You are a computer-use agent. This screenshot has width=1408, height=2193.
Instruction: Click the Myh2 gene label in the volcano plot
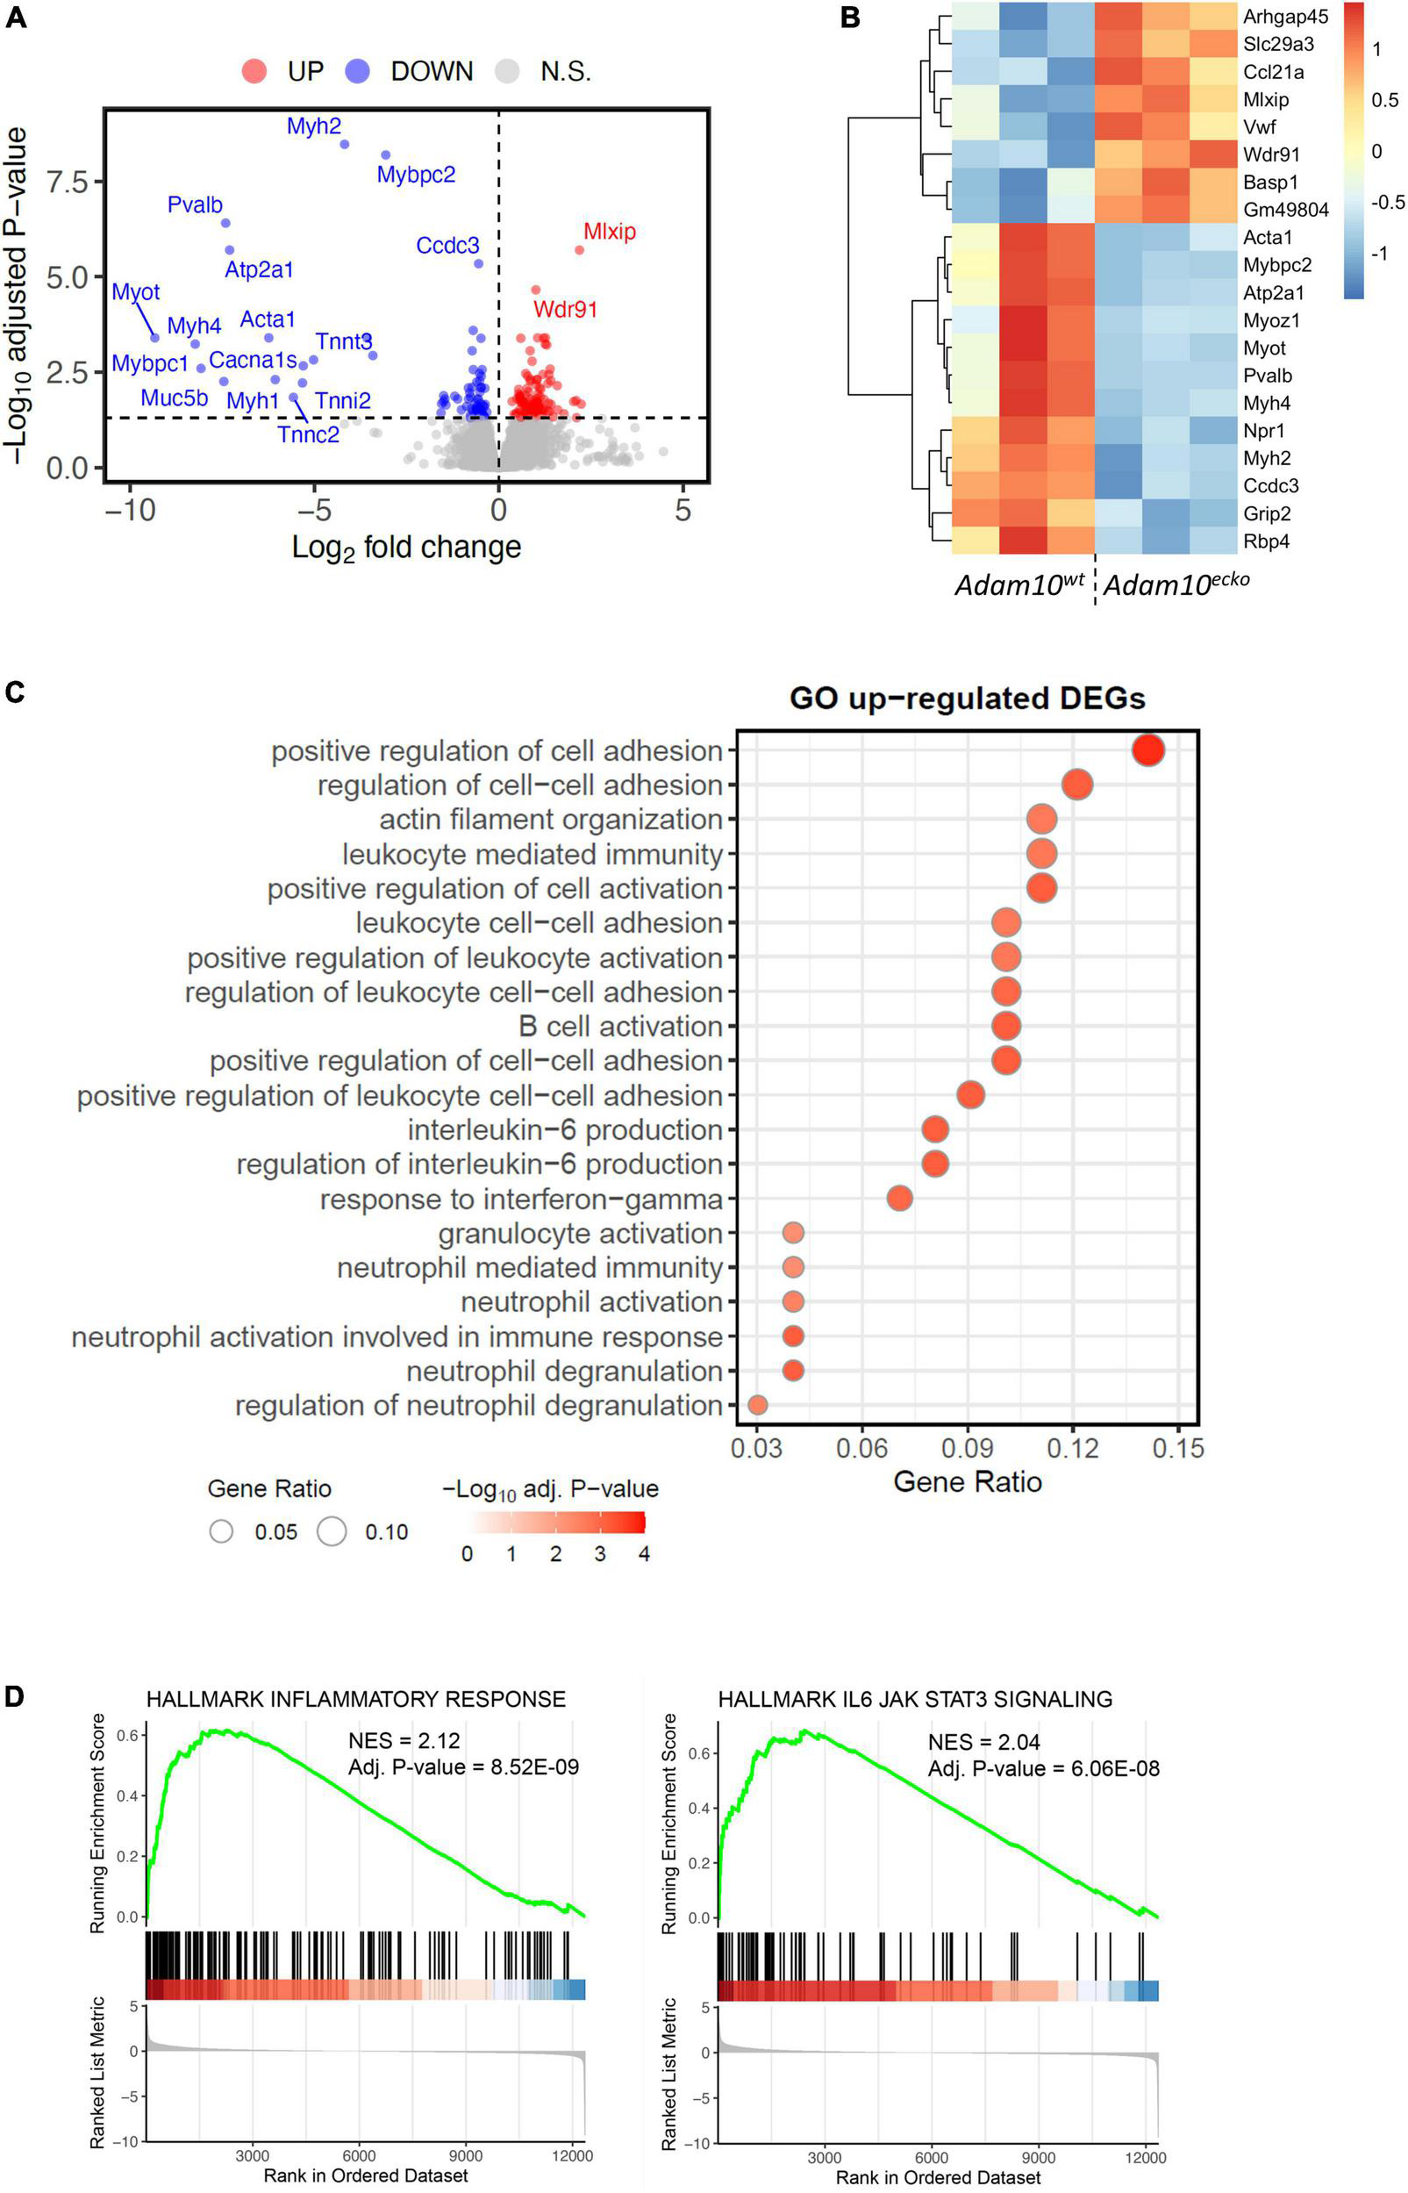(x=313, y=126)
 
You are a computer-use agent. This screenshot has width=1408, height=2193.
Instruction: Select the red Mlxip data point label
(x=609, y=232)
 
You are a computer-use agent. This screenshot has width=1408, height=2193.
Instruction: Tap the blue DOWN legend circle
(x=358, y=71)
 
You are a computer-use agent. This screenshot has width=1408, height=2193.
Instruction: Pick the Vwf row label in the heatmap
(x=1259, y=127)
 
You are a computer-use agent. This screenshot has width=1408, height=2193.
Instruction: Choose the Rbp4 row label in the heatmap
(x=1265, y=541)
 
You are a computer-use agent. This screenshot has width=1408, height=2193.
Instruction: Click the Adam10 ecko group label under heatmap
(x=1176, y=584)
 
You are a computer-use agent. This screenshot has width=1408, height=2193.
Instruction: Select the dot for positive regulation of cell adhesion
(x=1147, y=750)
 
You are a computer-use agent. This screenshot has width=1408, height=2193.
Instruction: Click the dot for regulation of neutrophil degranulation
(x=757, y=1405)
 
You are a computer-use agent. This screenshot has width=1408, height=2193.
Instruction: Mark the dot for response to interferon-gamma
(x=900, y=1198)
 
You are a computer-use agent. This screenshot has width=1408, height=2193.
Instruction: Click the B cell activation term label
(x=620, y=1026)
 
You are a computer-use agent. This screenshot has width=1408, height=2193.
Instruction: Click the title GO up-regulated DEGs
(x=967, y=699)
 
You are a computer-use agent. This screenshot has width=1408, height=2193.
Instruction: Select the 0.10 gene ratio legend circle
(x=332, y=1532)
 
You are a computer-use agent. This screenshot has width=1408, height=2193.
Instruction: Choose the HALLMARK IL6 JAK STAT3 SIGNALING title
(x=914, y=1699)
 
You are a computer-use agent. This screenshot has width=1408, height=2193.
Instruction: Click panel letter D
(x=15, y=1697)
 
